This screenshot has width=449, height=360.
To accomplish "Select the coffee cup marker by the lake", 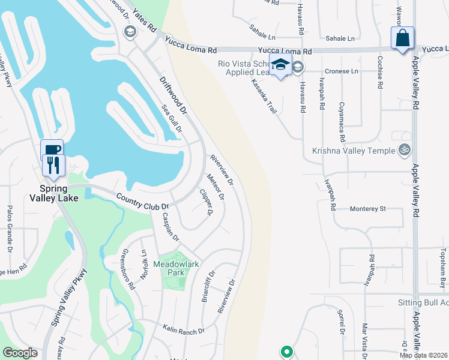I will click(x=52, y=149).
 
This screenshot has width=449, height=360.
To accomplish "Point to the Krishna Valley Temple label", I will click(x=354, y=151).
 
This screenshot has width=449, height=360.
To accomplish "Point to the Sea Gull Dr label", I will click(x=172, y=118).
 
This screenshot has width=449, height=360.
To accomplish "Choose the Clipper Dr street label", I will click(x=206, y=202).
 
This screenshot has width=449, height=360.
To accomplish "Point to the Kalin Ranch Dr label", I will click(x=184, y=328).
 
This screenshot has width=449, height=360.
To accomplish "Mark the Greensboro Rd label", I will click(x=128, y=269).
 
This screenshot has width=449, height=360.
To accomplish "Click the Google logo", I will click(x=20, y=352).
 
